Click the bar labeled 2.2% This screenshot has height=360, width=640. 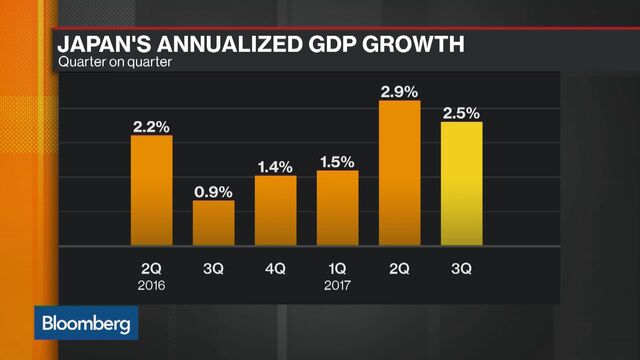[x=152, y=190]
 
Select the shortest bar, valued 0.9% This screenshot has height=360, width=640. [x=213, y=222]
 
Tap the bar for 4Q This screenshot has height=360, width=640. [x=275, y=209]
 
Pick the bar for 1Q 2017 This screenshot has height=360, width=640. [x=337, y=207]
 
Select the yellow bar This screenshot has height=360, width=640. [x=461, y=183]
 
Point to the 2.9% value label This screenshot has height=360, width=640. [x=399, y=92]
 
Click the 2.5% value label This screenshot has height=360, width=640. [x=461, y=110]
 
